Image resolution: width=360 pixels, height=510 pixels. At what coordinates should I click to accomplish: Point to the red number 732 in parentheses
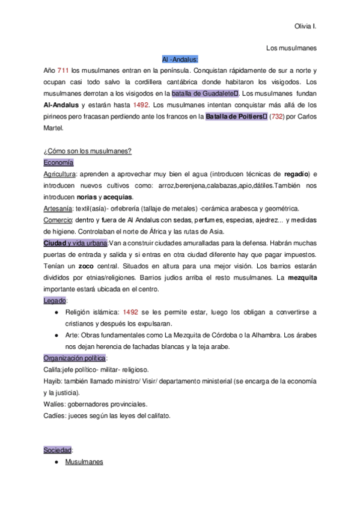click(279, 116)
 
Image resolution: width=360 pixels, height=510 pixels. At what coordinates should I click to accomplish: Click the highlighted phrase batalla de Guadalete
click(204, 93)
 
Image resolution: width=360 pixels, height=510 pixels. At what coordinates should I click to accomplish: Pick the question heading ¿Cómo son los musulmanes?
click(88, 150)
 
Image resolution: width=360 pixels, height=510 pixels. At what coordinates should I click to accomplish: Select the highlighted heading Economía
click(58, 162)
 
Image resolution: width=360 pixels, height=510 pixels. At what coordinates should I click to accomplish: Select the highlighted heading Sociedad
click(58, 450)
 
